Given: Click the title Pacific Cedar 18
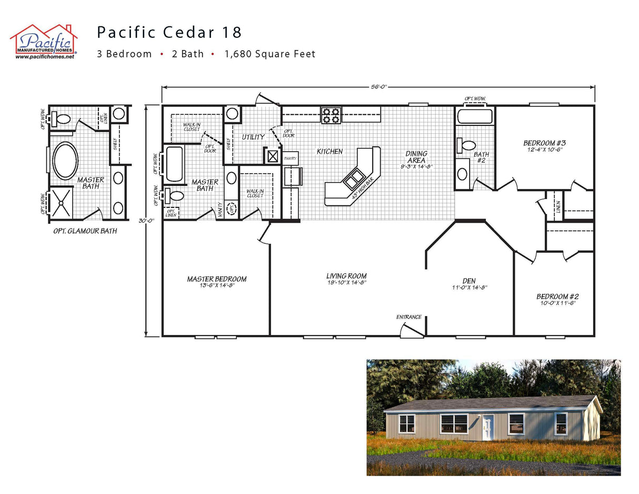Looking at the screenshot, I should (169, 32).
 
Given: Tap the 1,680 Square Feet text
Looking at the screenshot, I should (269, 54).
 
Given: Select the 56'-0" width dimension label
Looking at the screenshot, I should (378, 87).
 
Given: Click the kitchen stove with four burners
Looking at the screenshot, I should (331, 114).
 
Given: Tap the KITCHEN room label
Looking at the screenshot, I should (330, 152).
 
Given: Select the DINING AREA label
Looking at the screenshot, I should (416, 157).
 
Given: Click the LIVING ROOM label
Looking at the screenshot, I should (346, 276).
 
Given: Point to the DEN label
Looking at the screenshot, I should (469, 281).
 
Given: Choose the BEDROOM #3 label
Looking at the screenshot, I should (544, 143).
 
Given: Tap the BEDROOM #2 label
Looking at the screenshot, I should (557, 297).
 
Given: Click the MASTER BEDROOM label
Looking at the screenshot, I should (217, 279).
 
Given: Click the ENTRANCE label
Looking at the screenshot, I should (409, 317).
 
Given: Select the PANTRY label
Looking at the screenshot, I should (291, 158).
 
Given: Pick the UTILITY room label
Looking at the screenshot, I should (253, 137).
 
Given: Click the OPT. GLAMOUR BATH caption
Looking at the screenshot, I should (85, 231).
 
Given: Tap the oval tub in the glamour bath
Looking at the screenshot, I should (66, 160).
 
